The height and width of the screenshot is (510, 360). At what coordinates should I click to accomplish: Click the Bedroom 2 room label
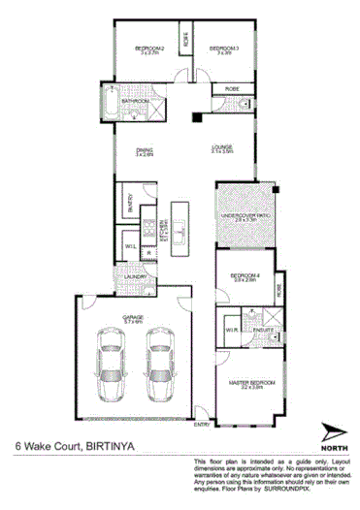click(x=150, y=48)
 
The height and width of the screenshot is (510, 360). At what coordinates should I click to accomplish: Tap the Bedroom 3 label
click(x=223, y=48)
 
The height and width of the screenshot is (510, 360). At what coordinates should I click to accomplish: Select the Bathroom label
click(x=137, y=101)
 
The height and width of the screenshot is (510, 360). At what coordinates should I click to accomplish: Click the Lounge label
click(x=223, y=148)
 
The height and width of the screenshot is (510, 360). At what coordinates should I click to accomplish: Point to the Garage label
click(x=133, y=318)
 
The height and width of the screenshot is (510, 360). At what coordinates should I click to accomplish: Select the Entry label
click(x=202, y=424)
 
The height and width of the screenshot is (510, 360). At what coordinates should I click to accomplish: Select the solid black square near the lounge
click(x=197, y=119)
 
